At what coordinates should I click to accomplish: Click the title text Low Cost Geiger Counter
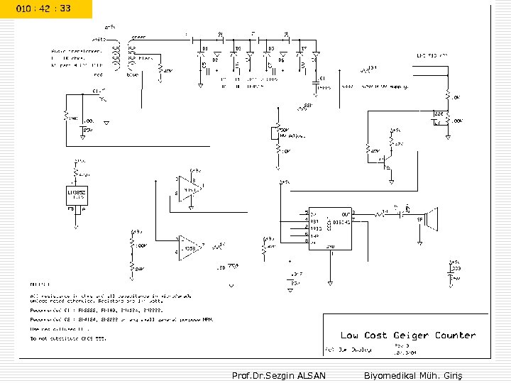click(408, 335)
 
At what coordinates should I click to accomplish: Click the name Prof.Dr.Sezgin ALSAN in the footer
click(279, 374)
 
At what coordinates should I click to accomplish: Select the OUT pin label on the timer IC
click(345, 213)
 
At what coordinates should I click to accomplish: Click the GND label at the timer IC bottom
click(330, 246)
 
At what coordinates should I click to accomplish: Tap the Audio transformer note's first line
click(77, 50)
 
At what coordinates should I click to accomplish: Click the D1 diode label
click(204, 48)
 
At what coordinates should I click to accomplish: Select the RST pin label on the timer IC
click(314, 221)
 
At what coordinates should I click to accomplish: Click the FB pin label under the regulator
click(70, 209)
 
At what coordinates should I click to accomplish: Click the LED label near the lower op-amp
click(221, 268)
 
